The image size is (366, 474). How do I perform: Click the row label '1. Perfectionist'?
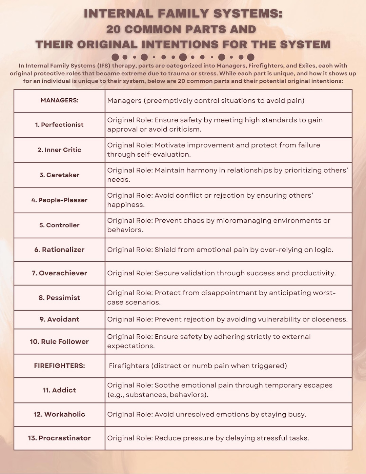(x=59, y=125)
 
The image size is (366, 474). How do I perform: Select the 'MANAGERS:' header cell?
(x=59, y=100)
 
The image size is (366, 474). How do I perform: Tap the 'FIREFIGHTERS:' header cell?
(x=59, y=366)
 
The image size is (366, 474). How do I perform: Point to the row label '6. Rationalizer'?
(x=59, y=250)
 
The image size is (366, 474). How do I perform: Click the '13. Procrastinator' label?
(x=59, y=438)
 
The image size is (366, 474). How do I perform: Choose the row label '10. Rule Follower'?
(x=59, y=342)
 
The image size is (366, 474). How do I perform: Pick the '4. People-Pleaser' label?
(x=59, y=200)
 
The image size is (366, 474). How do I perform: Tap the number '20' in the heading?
(x=114, y=29)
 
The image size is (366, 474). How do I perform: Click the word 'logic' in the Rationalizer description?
(x=323, y=250)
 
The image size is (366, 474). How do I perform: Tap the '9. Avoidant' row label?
(x=59, y=319)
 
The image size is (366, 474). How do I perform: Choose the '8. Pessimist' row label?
(x=59, y=298)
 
